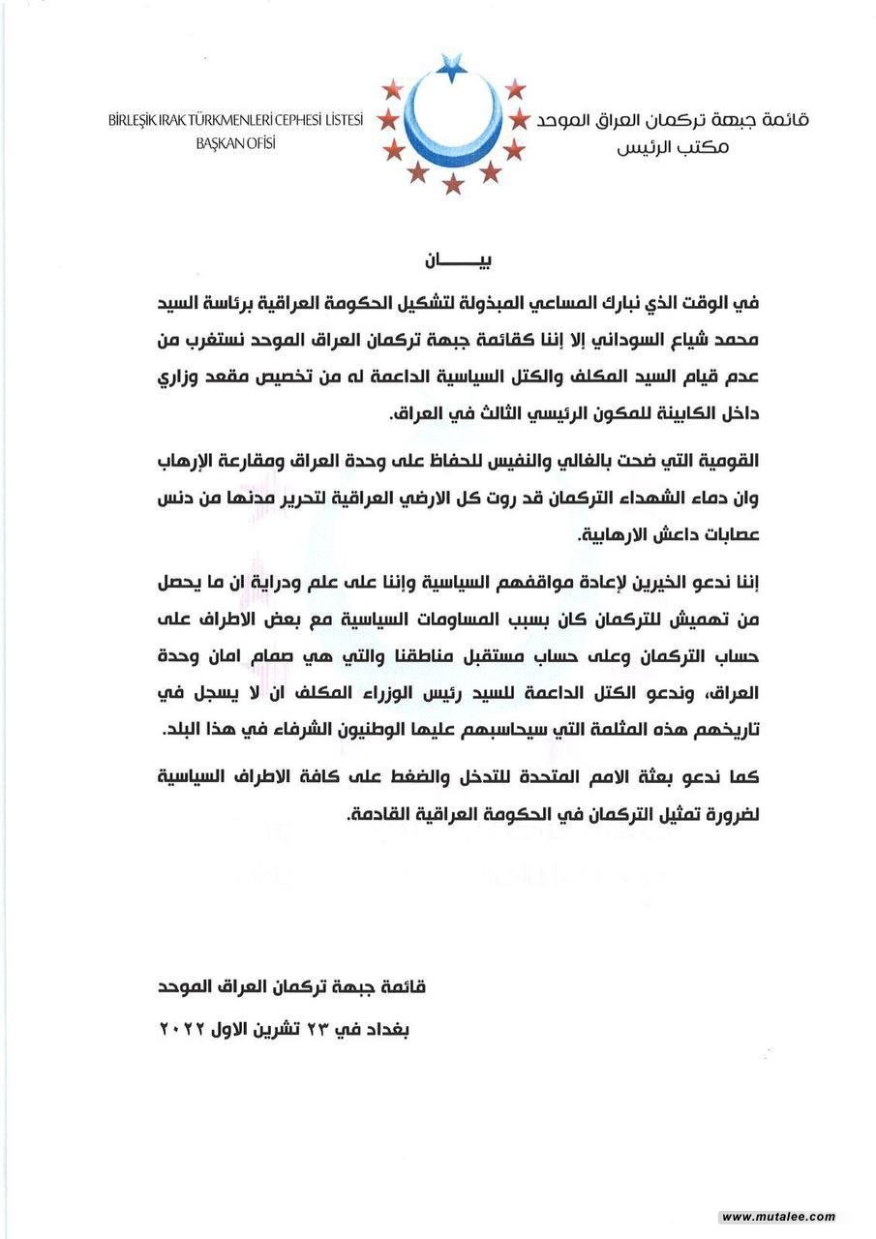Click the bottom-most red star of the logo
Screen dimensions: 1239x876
point(453,184)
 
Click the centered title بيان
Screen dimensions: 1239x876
point(452,262)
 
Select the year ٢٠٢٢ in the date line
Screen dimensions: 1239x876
point(188,1028)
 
